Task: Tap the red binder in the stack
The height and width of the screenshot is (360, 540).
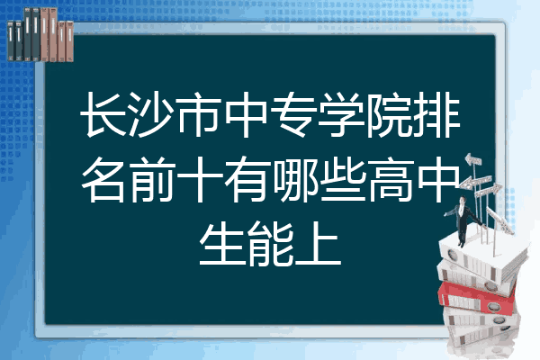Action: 468,292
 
